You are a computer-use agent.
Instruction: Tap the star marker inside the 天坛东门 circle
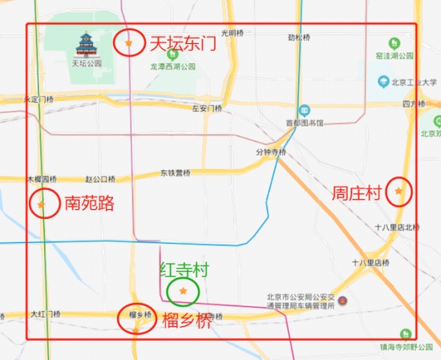[x=128, y=42]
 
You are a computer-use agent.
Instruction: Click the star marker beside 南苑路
[x=42, y=204]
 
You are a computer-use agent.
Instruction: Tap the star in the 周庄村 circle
[x=399, y=191]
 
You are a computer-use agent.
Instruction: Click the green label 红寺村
[x=184, y=269]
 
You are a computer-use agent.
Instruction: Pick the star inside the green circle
[x=183, y=290]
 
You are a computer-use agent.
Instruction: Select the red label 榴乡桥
[x=187, y=322]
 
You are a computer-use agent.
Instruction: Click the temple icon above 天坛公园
[x=86, y=43]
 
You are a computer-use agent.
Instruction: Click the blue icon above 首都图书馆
[x=304, y=111]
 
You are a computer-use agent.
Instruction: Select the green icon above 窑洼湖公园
[x=393, y=42]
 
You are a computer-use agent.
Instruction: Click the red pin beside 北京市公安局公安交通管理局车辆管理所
[x=342, y=301]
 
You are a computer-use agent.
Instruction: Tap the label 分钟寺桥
[x=270, y=152]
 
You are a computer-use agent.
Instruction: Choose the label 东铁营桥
[x=175, y=172]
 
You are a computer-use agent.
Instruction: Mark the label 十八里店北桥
[x=396, y=227]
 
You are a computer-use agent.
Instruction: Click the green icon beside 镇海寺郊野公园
[x=407, y=334]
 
